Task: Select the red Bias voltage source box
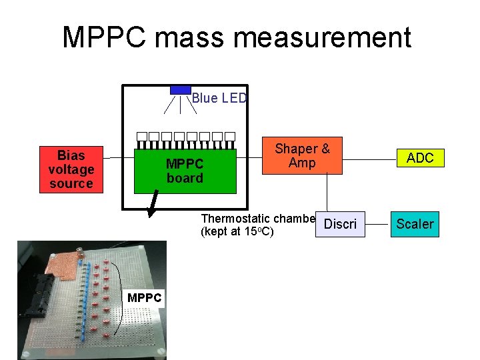coord(71,169)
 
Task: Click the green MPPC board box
coord(185,171)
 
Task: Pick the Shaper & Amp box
coord(302,156)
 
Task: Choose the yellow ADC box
coord(420,158)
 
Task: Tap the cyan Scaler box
coord(415,224)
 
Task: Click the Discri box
coord(341,224)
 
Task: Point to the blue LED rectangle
coord(180,90)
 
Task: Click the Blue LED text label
coord(219,99)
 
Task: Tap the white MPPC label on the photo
coord(145,297)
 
